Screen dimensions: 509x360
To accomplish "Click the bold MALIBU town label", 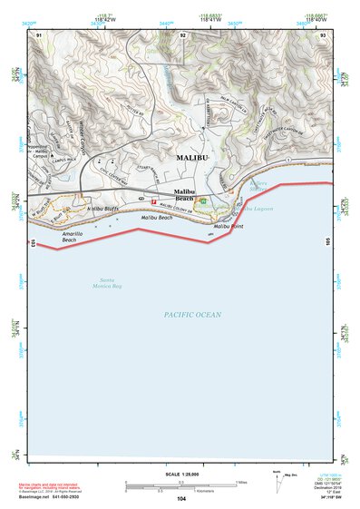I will (191, 157).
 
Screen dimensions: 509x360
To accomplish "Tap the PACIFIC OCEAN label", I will (192, 315).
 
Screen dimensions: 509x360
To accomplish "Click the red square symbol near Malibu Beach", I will (153, 201).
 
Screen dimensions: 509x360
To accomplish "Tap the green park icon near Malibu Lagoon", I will (203, 201).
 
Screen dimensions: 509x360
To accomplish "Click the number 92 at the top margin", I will (183, 34).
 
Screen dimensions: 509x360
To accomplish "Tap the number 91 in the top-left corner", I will (39, 34).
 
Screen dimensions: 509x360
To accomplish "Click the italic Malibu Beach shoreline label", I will (156, 219).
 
